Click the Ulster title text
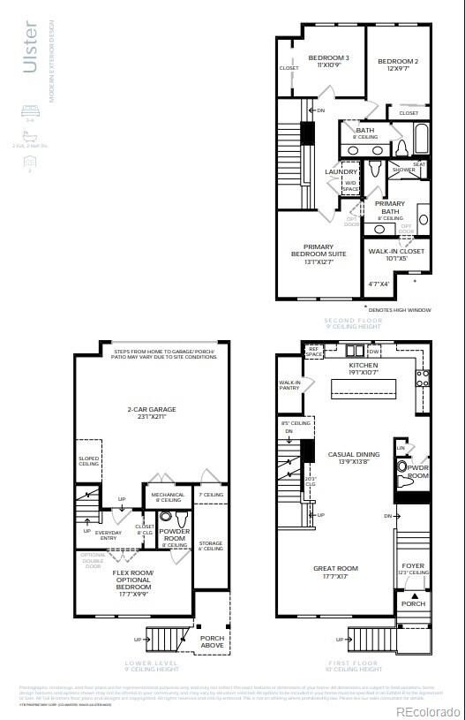(30, 49)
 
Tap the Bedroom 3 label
(328, 63)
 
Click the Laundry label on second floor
(341, 172)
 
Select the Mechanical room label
(168, 497)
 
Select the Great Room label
(335, 572)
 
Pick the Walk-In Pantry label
(289, 385)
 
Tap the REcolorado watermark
(427, 711)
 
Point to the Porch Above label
(212, 640)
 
